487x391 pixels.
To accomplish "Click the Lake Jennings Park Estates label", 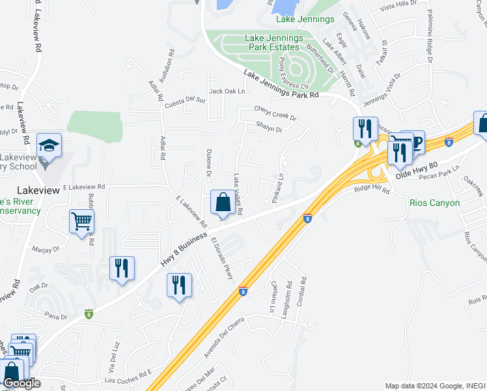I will [273, 43].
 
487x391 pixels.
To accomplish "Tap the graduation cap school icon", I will [49, 146].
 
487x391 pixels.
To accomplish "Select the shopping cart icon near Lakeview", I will [82, 222].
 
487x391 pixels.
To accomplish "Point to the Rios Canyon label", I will [435, 203].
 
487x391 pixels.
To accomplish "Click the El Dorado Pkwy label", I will [222, 259].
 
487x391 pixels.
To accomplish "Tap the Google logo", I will [21, 383].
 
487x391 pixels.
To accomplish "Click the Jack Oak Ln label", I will [227, 91].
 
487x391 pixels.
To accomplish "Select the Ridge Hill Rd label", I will [371, 190].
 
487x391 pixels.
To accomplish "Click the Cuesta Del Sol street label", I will [185, 102].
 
